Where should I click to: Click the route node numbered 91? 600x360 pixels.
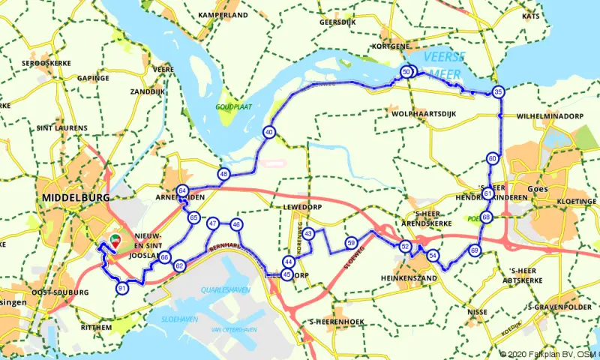point(121,288)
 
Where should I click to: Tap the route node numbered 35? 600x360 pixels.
point(498,92)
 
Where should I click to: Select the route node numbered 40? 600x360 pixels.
point(268,133)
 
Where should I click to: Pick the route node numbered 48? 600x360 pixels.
point(223,174)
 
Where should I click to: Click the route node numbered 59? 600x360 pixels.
point(351,243)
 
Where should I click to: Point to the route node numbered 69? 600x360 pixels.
point(474,250)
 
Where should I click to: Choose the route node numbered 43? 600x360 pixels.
point(308,234)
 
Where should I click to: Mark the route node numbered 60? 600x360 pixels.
point(492,159)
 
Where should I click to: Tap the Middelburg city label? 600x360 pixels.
point(76,197)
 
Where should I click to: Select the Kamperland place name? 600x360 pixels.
point(223,15)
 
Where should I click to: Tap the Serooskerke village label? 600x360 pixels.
point(46,63)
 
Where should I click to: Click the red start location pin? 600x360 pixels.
point(115,240)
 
